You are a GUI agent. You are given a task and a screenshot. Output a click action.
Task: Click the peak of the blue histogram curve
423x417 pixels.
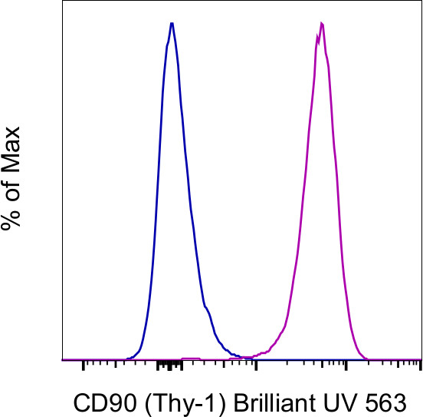(x=172, y=23)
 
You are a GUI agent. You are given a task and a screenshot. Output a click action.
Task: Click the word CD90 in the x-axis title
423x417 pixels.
(x=98, y=402)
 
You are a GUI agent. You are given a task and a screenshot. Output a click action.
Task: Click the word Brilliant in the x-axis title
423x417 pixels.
(x=246, y=402)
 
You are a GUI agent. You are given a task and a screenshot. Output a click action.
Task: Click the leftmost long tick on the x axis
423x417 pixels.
(x=82, y=365)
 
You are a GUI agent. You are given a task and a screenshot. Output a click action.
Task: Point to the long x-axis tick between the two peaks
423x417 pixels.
(x=255, y=365)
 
